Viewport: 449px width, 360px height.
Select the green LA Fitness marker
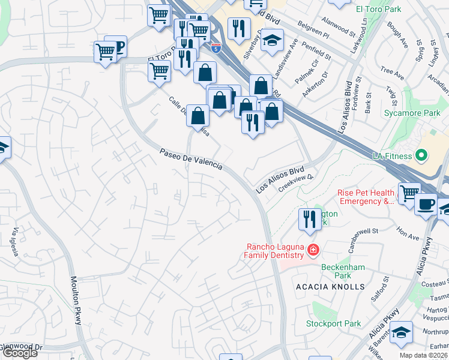point(421,157)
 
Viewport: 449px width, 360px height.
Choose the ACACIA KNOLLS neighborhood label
point(330,287)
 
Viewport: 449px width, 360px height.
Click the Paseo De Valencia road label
point(191,159)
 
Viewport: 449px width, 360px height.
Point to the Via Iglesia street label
point(14,241)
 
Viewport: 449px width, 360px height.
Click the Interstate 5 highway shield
point(215,47)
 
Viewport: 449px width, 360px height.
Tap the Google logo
point(19,353)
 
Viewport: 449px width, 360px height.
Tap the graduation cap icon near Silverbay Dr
point(272,41)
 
